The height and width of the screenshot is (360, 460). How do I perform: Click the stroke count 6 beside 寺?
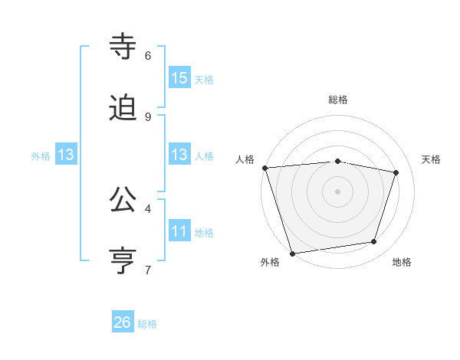[x=148, y=56]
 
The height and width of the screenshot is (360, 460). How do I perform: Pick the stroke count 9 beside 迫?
[x=148, y=117]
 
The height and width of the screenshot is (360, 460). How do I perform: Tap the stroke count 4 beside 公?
[x=148, y=208]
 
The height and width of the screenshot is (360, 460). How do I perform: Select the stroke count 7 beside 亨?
[x=148, y=270]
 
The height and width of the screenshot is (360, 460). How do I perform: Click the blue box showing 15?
[x=179, y=78]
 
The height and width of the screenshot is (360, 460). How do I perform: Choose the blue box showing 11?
[x=179, y=231]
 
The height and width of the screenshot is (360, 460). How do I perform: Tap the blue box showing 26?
[x=123, y=322]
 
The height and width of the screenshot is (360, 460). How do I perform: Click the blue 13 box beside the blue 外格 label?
[x=66, y=155]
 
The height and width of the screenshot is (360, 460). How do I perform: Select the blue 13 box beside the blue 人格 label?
[x=179, y=155]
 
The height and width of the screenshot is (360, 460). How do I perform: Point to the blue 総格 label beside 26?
[x=147, y=324]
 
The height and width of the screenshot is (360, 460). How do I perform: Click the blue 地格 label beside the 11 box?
[x=204, y=233]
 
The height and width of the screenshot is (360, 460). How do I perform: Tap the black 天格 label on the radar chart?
[x=431, y=159]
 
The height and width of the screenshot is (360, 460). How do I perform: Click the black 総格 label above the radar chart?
[x=338, y=100]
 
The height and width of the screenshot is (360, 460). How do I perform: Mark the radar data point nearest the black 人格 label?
[x=264, y=168]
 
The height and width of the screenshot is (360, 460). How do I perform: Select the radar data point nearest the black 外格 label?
[x=292, y=253]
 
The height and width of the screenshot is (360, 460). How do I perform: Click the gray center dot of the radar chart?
[x=337, y=191]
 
